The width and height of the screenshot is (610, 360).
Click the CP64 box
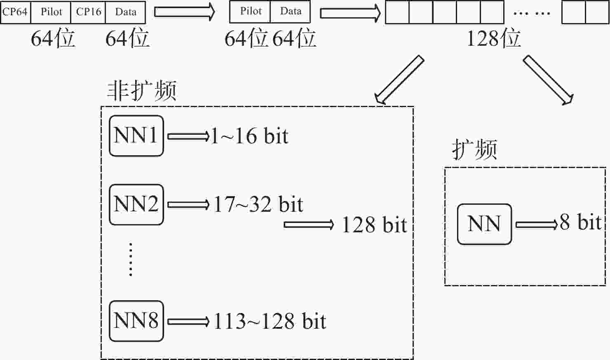16,12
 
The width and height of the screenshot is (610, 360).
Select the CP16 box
88,12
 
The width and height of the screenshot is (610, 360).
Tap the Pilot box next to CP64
51,12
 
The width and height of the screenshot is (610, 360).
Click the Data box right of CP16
126,12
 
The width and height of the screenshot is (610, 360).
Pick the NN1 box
136,136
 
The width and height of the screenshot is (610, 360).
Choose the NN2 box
136,205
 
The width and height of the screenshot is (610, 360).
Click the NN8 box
136,321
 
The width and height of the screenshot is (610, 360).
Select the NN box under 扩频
484,224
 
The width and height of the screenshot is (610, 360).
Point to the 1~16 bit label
249,136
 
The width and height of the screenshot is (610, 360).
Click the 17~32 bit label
258,204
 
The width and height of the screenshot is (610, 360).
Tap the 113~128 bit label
270,321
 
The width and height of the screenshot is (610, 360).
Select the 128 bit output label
374,225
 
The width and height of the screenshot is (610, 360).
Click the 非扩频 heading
142,91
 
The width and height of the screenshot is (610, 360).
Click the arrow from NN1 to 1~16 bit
188,136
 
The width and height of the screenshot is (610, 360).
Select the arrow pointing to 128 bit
309,225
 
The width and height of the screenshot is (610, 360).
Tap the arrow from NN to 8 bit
537,225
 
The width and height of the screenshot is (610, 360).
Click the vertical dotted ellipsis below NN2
131,259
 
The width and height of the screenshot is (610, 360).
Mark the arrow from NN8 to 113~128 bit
188,322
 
